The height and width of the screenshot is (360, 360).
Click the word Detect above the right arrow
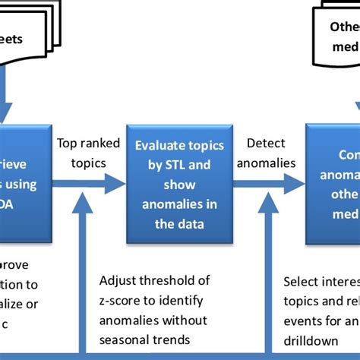(265, 143)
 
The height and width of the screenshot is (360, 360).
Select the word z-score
(122, 300)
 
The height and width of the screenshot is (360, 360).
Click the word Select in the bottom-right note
(301, 281)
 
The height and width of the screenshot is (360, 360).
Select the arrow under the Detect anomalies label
(266, 183)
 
